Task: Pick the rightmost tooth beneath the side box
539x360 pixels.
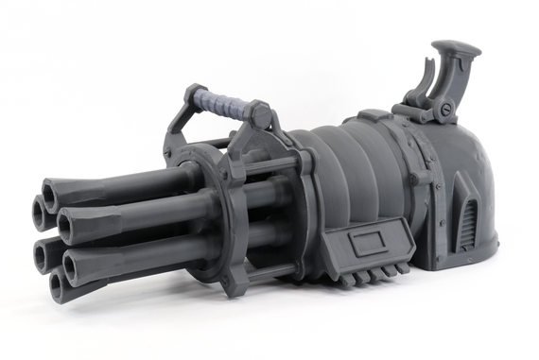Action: (x=404, y=269)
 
